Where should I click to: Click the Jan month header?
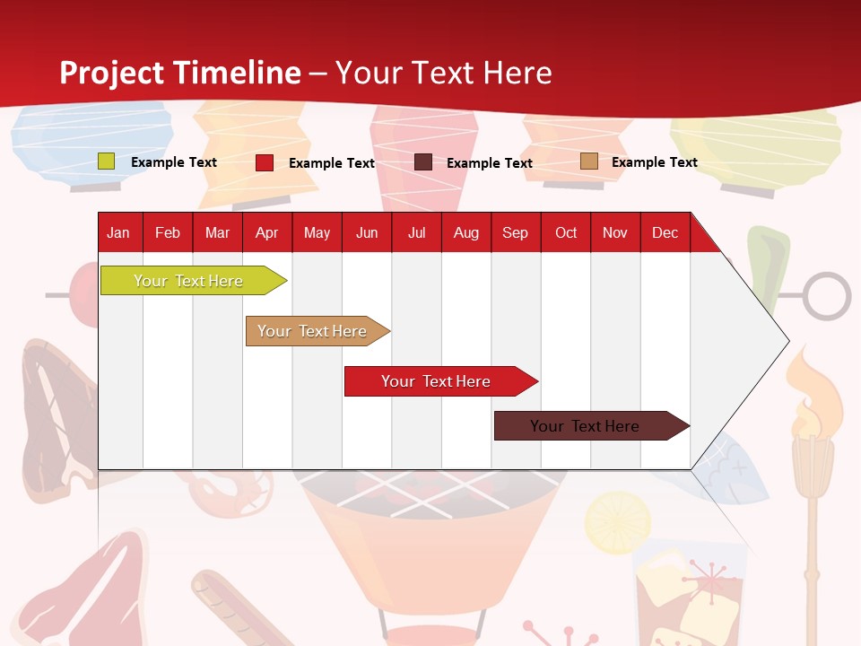[118, 233]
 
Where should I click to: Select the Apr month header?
[267, 233]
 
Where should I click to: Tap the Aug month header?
[466, 233]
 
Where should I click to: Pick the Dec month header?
[665, 233]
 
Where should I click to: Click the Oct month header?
[566, 233]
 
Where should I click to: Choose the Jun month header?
[367, 233]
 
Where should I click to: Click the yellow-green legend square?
[107, 161]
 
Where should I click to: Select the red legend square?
[265, 162]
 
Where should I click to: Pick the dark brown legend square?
[423, 162]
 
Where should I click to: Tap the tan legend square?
[588, 161]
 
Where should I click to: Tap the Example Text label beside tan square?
[654, 162]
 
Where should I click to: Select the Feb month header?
[168, 233]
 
